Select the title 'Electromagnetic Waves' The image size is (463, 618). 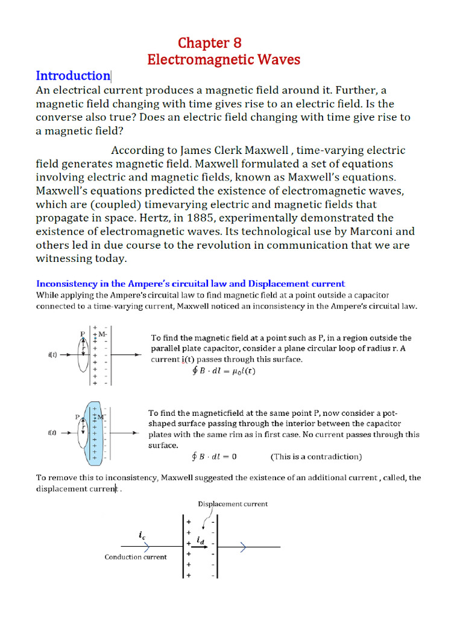pos(224,60)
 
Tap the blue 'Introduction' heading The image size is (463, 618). pos(72,76)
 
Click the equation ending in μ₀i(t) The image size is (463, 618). pos(224,371)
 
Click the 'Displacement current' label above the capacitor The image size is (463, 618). pos(233,503)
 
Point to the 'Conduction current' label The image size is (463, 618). pos(136,556)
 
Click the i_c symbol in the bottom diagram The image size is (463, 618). pos(142,535)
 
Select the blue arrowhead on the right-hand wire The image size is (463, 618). pos(242,547)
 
